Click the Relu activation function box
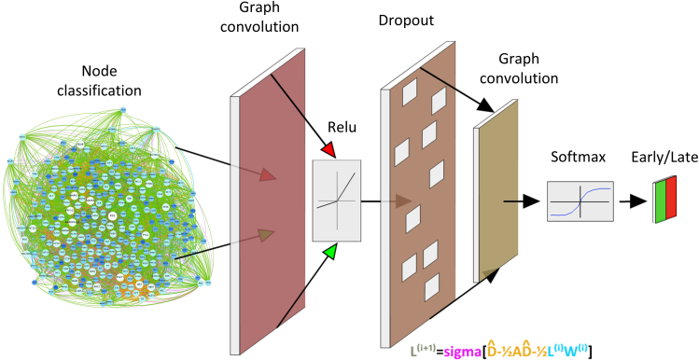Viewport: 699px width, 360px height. point(337,199)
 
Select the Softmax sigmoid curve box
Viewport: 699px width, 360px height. point(580,201)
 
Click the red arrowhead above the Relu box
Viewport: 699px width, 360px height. point(327,151)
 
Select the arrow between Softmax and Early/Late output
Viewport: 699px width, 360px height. point(633,201)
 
